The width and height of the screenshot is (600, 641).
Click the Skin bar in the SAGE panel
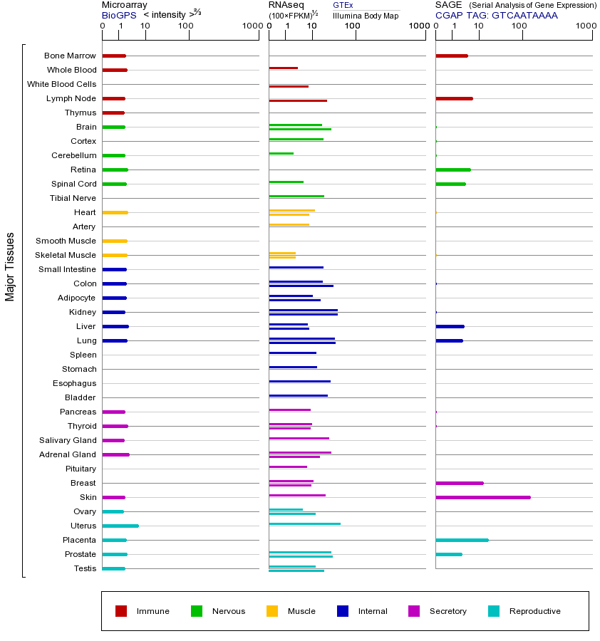(x=482, y=497)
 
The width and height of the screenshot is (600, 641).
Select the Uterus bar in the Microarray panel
(x=120, y=526)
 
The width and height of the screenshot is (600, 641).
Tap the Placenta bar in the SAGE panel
(x=462, y=540)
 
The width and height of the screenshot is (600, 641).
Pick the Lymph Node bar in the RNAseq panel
(x=297, y=100)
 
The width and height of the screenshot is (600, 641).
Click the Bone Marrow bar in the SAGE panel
(x=451, y=56)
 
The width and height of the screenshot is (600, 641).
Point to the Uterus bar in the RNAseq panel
(x=304, y=523)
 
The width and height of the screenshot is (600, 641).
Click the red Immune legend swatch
(x=121, y=611)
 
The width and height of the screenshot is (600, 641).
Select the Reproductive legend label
(x=534, y=611)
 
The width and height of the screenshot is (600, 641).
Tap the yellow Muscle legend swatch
(x=272, y=611)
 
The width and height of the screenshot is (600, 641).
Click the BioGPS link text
(x=118, y=15)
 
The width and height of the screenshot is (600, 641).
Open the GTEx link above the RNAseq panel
(x=343, y=5)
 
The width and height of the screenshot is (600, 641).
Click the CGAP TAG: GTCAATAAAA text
(x=496, y=15)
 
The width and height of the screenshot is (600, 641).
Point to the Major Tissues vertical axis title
(x=10, y=266)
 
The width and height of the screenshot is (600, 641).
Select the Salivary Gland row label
(x=68, y=440)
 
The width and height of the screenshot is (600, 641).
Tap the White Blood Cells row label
(x=61, y=84)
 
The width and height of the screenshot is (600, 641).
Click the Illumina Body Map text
(x=366, y=15)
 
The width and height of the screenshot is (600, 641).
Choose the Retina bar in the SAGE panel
(x=452, y=170)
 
